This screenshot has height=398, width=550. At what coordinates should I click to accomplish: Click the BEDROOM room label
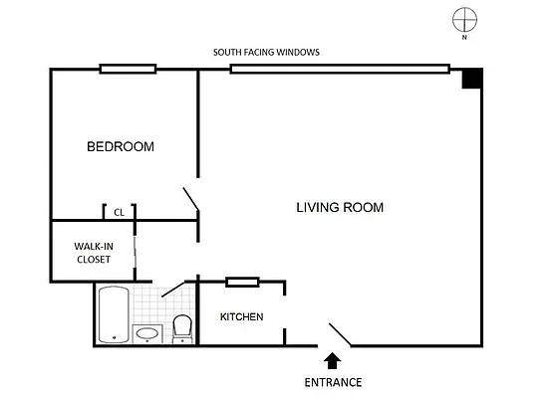click(x=121, y=147)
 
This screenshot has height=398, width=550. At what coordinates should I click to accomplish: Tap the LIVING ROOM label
click(x=340, y=208)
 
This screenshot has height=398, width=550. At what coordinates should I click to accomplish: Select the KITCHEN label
click(x=241, y=317)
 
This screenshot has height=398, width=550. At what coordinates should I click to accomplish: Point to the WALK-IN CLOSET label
click(x=93, y=253)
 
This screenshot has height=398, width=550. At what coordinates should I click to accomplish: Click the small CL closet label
click(x=119, y=212)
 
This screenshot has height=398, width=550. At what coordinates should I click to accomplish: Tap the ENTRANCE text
click(x=333, y=382)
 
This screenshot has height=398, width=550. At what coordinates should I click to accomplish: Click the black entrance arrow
click(x=332, y=359)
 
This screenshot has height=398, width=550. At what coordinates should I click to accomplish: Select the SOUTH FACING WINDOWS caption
click(x=266, y=53)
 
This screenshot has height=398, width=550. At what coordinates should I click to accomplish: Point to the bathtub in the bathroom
click(x=111, y=313)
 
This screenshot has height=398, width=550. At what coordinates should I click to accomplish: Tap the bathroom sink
click(x=146, y=333)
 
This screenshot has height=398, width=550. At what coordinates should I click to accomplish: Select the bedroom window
click(x=128, y=69)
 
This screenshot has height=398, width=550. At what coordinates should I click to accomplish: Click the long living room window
click(x=340, y=69)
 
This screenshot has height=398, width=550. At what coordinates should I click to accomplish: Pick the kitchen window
click(x=242, y=283)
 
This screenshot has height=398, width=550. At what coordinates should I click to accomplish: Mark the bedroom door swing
click(x=190, y=200)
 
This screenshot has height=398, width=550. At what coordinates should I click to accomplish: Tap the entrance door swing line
click(x=340, y=334)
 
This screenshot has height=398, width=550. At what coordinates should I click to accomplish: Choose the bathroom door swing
click(x=173, y=288)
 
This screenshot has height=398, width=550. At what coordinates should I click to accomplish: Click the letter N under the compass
click(x=464, y=37)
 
